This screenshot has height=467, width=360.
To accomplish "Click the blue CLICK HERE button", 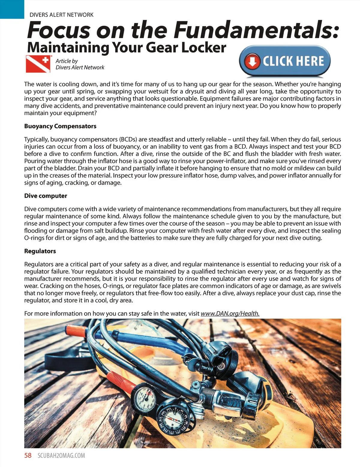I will tap(285, 61).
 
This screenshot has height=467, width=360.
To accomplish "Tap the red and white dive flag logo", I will tap(38, 64).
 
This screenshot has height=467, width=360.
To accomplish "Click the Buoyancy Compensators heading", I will tap(60, 126).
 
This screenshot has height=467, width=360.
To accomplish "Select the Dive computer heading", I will tap(46, 196).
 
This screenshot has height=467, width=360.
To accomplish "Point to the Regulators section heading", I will tap(40, 251).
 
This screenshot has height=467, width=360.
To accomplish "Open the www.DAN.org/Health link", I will tap(230, 314).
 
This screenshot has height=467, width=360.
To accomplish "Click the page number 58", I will tap(28, 456).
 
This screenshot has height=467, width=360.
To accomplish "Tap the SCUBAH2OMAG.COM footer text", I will tap(61, 456).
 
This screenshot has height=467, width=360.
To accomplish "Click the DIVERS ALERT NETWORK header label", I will tap(61, 15).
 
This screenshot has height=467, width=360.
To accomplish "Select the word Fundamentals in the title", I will tap(257, 30).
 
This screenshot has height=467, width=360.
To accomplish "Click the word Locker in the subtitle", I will tap(204, 48).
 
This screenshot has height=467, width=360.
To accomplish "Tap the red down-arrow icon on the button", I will tap(252, 61).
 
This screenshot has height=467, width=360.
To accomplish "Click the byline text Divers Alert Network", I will tap(80, 68).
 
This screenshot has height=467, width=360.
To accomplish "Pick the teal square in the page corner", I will tap(12, 9).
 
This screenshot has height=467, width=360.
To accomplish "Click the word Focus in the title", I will tap(59, 30).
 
